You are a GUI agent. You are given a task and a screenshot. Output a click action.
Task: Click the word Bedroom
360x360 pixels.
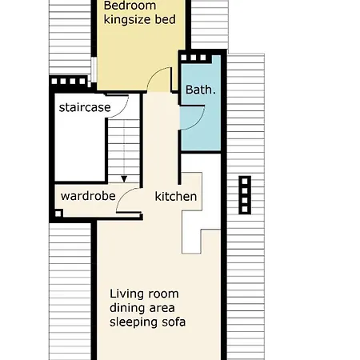pyautogui.click(x=130, y=6)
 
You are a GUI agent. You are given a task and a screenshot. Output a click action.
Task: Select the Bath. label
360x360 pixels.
pyautogui.click(x=201, y=90)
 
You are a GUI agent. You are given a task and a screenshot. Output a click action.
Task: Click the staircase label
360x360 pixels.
pyautogui.click(x=85, y=107)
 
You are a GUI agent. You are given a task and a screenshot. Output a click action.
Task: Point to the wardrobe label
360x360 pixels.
pyautogui.click(x=88, y=196)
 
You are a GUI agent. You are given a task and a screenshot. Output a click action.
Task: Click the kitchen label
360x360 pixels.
pyautogui.click(x=176, y=197)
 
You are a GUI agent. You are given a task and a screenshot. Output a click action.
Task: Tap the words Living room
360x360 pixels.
pyautogui.click(x=144, y=294)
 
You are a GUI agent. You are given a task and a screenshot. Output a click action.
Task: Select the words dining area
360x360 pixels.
pyautogui.click(x=142, y=308)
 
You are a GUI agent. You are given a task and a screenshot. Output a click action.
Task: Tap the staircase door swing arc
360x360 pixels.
pyautogui.click(x=122, y=111)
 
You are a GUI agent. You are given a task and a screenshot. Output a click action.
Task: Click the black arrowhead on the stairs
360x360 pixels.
pyautogui.click(x=124, y=179)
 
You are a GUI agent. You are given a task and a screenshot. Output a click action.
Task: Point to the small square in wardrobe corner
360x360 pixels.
pyautogui.click(x=58, y=214)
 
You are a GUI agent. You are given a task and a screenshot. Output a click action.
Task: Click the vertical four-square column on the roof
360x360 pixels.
pyautogui.click(x=245, y=195)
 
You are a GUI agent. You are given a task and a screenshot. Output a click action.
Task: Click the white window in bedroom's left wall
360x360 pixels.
pyautogui.click(x=94, y=70)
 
